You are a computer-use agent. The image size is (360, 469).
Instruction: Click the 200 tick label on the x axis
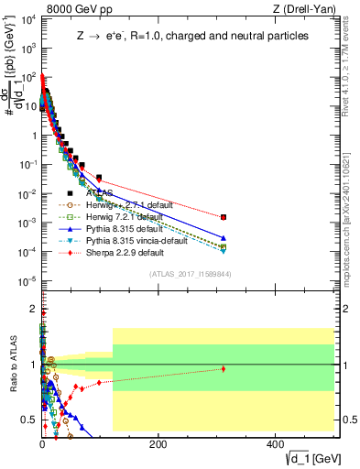coord(158,443)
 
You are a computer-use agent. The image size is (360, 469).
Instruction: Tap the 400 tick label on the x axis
coord(274,443)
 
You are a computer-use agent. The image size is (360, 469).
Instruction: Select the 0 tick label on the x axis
coord(42,443)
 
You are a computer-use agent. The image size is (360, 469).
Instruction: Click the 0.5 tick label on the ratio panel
coord(29,420)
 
